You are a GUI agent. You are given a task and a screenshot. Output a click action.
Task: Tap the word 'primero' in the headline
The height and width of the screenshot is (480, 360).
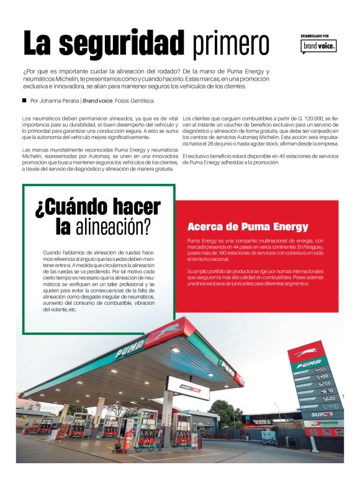click(x=230, y=43)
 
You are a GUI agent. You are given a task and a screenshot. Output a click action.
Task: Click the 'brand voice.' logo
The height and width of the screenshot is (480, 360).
click(x=319, y=46)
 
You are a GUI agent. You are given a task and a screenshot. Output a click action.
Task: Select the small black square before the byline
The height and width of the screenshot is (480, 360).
click(x=24, y=100)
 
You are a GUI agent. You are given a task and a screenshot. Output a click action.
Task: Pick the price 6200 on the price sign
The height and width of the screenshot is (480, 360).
click(x=325, y=384)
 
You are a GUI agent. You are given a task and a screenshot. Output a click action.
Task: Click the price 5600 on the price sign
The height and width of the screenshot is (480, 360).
click(x=328, y=399)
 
